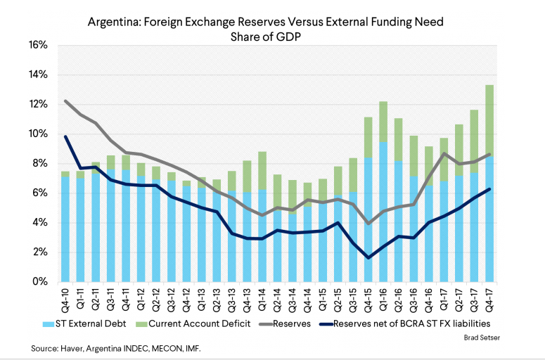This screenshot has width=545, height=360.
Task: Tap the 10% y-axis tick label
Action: pyautogui.click(x=38, y=134)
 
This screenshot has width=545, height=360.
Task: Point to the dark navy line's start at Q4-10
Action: pyautogui.click(x=65, y=136)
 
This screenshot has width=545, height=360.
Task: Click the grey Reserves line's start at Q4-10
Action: pyautogui.click(x=65, y=101)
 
